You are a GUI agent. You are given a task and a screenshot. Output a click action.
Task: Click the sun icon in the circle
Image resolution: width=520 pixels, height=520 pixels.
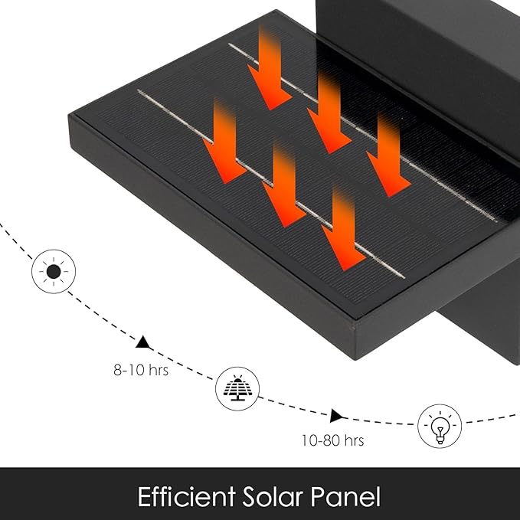[x=54, y=271]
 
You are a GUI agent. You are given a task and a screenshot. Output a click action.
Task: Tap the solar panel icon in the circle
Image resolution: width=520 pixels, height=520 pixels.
[x=237, y=388]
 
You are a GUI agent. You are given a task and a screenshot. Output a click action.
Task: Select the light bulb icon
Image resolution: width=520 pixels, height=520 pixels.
[x=440, y=426]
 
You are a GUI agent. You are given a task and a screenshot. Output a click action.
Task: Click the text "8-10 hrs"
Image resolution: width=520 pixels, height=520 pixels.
[x=141, y=370]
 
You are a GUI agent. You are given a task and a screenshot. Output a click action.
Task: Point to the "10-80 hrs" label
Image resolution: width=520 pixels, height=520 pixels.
[x=332, y=440]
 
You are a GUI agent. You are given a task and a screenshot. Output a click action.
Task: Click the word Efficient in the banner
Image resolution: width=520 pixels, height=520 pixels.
[x=186, y=496]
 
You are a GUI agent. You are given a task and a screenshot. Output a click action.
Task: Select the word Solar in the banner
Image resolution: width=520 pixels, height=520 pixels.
[x=273, y=496]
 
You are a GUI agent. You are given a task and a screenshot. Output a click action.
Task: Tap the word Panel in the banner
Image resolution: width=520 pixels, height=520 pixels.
[x=345, y=496]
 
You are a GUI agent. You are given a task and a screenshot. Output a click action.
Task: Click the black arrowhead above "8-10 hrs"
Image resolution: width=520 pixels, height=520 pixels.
[x=143, y=342]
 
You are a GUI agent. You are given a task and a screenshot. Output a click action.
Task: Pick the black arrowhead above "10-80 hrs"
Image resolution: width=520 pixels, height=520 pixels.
[x=336, y=416]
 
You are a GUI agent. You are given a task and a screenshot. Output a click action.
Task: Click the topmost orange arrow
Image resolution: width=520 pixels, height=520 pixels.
[x=270, y=68]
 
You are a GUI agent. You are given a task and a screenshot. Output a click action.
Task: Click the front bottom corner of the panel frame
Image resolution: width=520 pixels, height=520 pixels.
[x=356, y=360]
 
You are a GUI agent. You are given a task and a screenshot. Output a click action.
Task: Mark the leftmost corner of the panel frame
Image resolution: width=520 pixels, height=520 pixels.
[x=69, y=115]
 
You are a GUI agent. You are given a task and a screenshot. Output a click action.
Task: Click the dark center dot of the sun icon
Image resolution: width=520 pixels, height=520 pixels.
[x=54, y=272]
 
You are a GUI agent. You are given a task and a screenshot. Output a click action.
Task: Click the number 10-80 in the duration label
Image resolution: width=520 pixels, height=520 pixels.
[x=321, y=440]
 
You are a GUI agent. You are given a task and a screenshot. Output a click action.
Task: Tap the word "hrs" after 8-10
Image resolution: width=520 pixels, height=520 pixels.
[x=159, y=370]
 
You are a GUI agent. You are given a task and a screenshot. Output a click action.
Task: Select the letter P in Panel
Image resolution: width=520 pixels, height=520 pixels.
[x=317, y=496]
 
